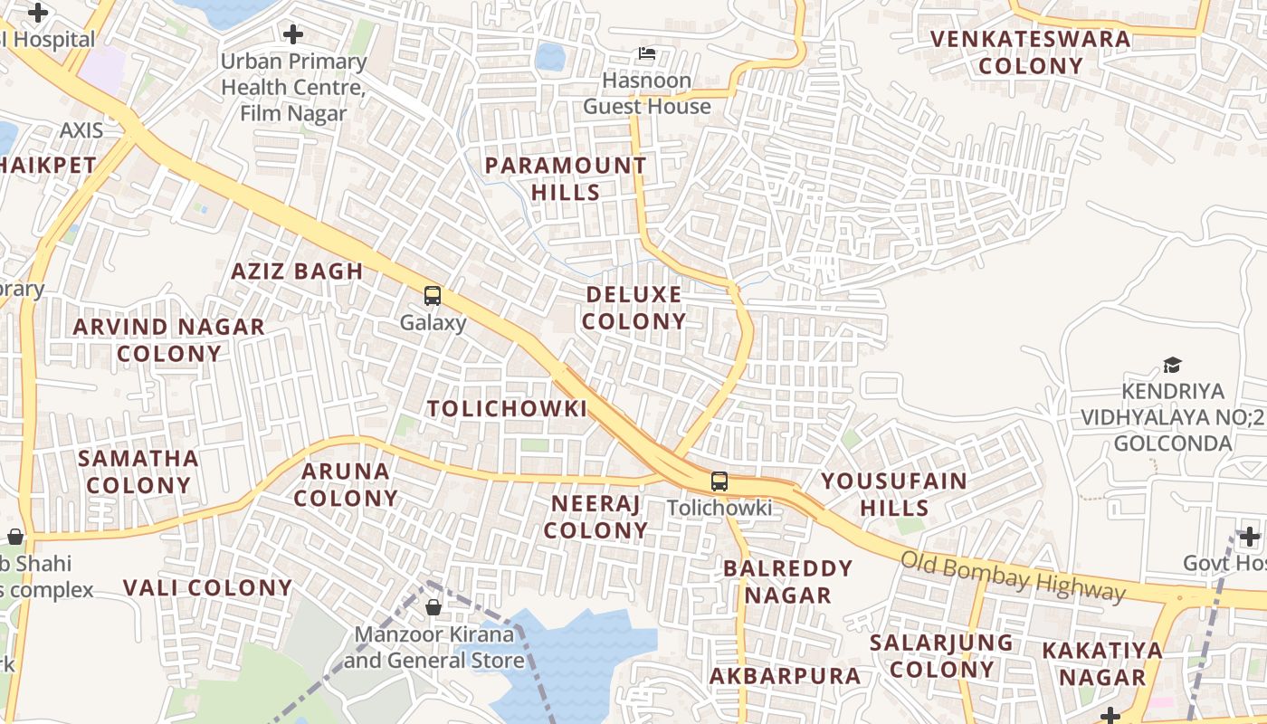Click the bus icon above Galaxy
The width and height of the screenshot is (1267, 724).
433,296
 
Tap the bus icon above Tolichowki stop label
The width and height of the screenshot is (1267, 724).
719,481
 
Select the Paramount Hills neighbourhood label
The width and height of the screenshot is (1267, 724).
566,178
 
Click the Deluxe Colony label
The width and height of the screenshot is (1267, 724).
634,308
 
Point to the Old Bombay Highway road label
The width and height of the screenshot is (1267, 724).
1013,576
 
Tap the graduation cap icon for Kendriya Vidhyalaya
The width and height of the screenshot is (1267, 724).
1172,366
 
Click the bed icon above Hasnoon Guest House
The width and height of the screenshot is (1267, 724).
647,53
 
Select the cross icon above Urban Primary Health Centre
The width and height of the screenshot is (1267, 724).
292,35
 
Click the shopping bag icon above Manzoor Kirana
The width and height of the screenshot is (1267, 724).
433,607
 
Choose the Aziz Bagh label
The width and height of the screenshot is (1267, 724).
297,271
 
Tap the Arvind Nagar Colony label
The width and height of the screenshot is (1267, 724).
169,339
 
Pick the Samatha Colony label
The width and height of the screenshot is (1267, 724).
138,471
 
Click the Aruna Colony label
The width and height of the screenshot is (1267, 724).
346,484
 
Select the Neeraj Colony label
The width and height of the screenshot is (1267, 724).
595,517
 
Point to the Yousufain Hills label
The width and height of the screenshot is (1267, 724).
894,493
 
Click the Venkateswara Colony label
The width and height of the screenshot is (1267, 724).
1031,52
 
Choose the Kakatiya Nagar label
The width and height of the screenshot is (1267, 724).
1102,663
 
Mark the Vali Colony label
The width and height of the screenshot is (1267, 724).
207,587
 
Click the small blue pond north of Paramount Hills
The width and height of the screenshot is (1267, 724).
549,56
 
